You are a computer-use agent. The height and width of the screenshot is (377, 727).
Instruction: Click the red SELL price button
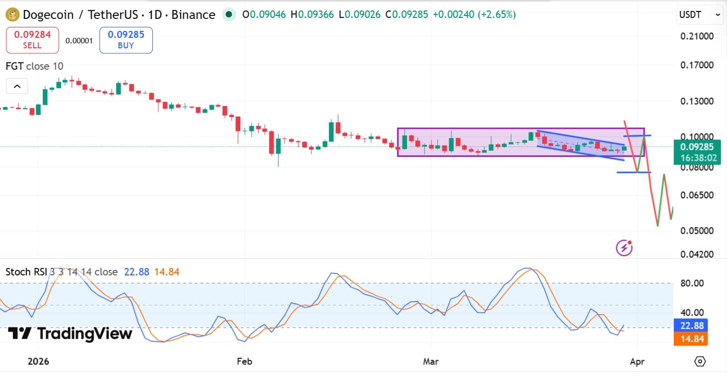click(x=32, y=40)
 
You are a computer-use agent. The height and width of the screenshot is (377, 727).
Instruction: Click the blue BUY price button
click(x=126, y=40)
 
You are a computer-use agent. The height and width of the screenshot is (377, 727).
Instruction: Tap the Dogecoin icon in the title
click(x=12, y=15)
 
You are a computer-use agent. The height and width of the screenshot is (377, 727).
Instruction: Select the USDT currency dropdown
click(x=699, y=15)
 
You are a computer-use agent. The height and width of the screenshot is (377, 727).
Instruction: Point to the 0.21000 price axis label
click(x=697, y=36)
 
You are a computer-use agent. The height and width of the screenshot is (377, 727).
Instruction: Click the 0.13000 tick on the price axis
click(x=697, y=101)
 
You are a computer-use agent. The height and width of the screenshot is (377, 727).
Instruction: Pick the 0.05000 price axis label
click(x=697, y=231)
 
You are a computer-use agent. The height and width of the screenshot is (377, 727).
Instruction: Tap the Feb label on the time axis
click(x=244, y=362)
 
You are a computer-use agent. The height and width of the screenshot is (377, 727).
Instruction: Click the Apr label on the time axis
click(x=637, y=362)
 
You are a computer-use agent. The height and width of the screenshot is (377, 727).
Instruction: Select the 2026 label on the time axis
click(x=38, y=362)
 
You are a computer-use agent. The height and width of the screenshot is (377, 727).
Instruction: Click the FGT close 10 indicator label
click(x=34, y=66)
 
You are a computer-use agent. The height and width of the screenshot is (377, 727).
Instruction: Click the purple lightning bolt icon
click(x=624, y=248)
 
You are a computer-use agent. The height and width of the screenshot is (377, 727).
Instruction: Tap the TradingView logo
click(x=70, y=333)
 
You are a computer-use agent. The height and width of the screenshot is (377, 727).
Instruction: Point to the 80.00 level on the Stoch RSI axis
click(x=692, y=283)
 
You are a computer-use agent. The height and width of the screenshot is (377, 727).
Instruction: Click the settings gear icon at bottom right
click(x=700, y=362)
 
